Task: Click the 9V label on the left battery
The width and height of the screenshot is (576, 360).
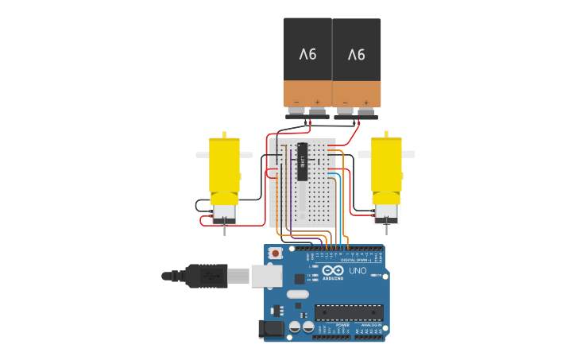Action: click(307, 54)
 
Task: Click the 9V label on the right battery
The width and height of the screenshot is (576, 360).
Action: click(356, 55)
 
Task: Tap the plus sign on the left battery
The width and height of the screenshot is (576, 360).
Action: click(317, 102)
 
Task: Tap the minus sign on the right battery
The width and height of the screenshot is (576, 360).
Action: click(346, 103)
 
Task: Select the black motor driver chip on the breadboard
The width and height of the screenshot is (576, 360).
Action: click(303, 162)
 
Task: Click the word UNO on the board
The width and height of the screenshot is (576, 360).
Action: click(358, 271)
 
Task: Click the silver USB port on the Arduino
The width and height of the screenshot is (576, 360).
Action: click(267, 275)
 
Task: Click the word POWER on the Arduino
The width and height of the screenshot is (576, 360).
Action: click(342, 325)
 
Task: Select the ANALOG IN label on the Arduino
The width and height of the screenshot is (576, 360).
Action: click(370, 325)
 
